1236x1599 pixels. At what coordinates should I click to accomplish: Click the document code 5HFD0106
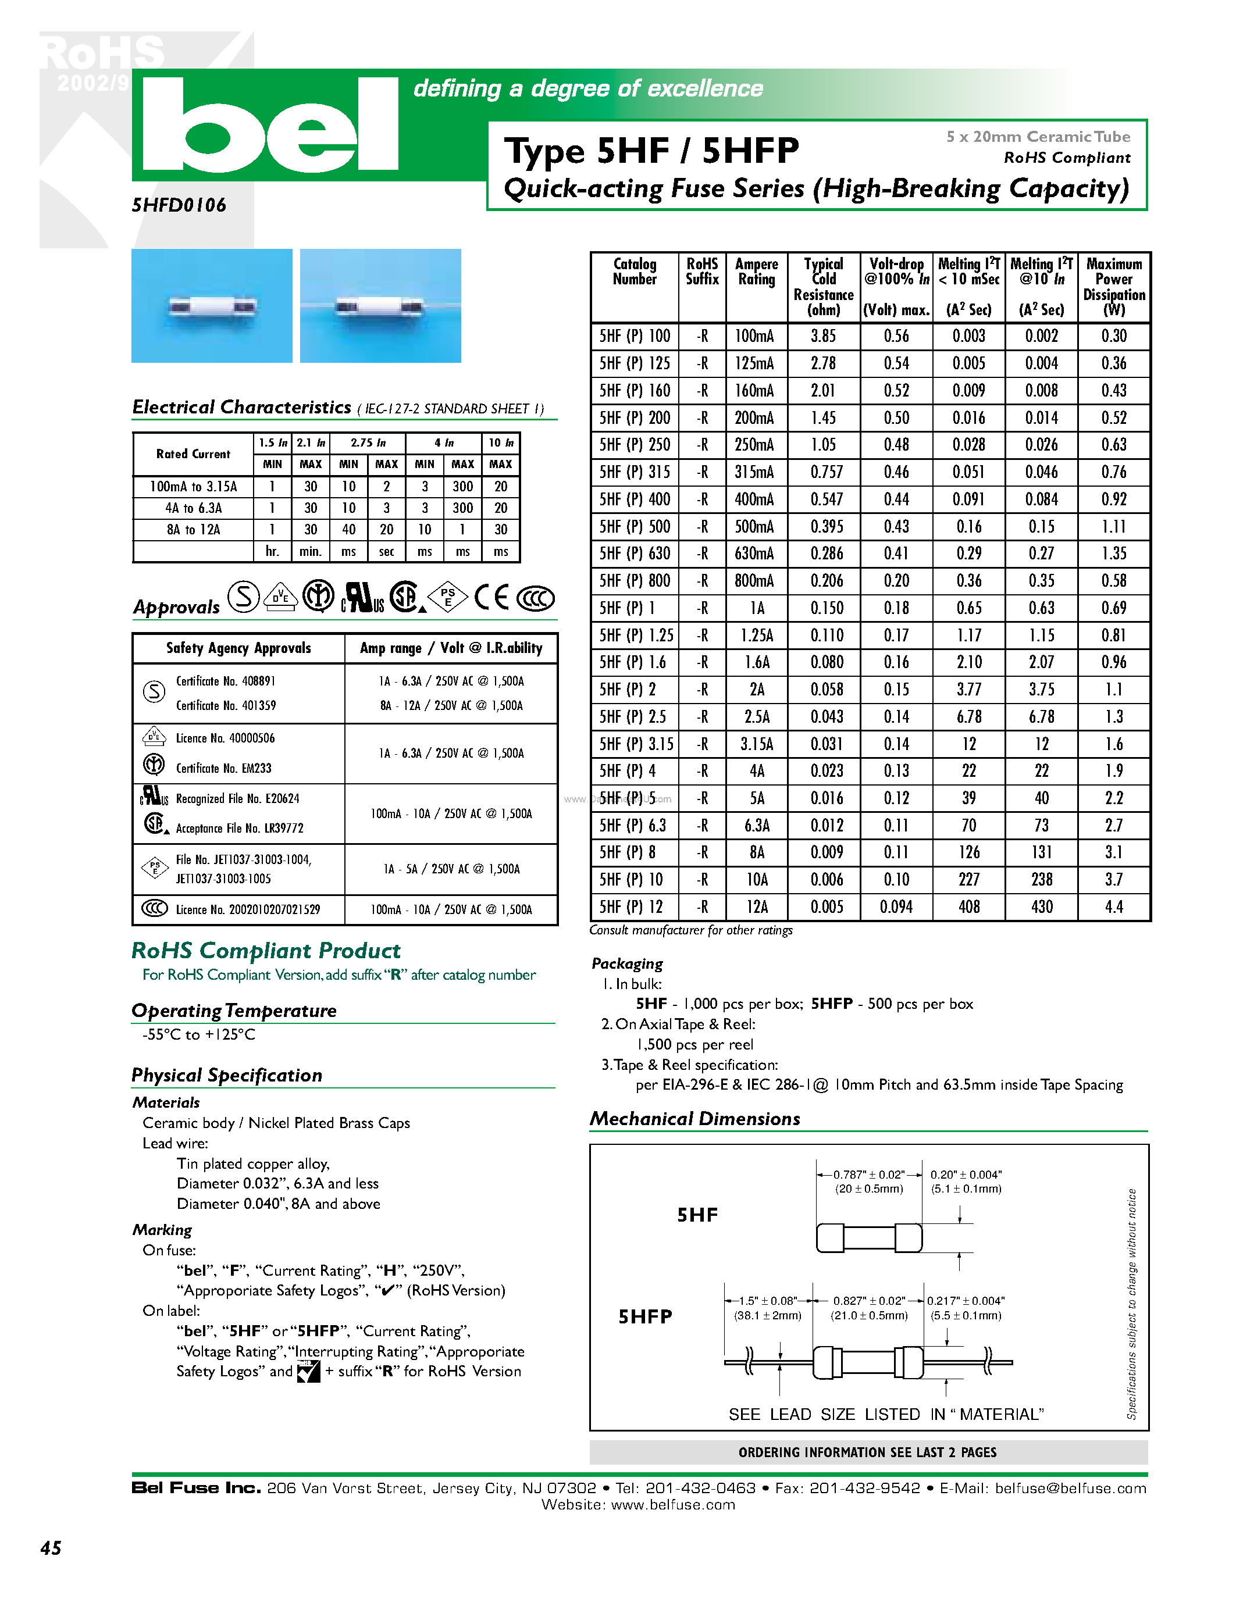179,205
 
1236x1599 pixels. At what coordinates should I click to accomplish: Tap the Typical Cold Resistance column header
823,286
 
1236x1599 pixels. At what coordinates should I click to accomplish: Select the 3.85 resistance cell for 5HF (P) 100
823,336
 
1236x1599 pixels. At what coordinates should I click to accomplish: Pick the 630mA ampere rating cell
755,554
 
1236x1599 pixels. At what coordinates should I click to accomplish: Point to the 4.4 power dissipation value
1113,907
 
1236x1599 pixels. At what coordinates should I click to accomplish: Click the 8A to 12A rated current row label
193,529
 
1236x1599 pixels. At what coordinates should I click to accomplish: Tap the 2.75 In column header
368,443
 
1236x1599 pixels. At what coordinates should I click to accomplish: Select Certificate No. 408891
226,681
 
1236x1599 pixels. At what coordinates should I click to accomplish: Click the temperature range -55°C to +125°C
199,1034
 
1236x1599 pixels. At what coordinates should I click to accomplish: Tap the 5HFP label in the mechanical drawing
645,1316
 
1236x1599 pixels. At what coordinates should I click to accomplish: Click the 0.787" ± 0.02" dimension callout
869,1175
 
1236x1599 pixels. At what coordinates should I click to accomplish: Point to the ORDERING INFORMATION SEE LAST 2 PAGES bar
868,1452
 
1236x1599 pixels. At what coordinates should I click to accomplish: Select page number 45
51,1548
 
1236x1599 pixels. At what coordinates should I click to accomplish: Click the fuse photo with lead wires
380,306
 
